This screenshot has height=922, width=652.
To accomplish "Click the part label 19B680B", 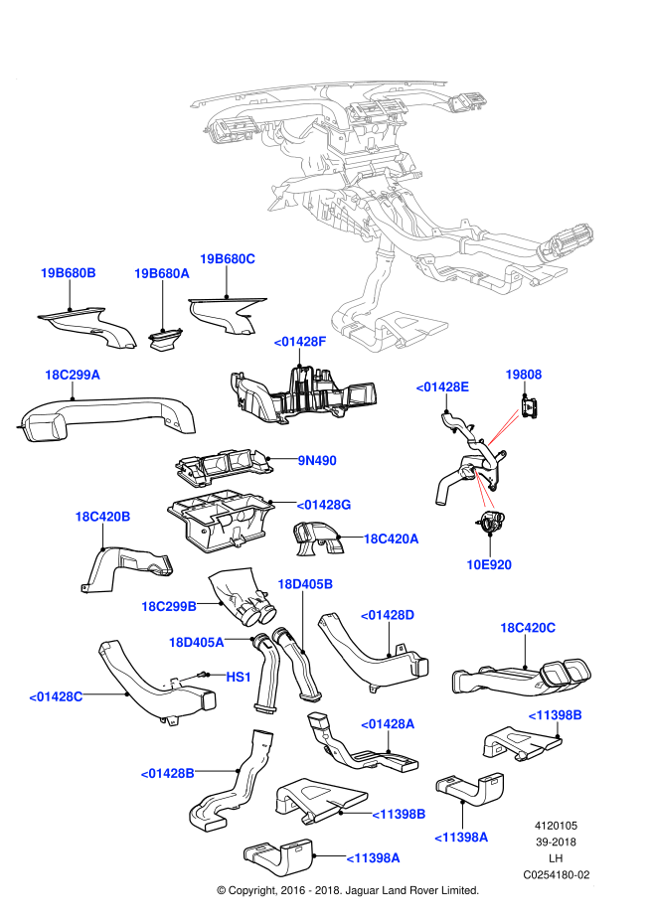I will [x=68, y=272].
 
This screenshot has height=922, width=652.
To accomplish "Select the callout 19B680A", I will [x=162, y=272].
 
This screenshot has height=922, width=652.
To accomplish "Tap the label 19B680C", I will [x=228, y=258].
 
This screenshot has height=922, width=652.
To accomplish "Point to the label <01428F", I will [x=300, y=341].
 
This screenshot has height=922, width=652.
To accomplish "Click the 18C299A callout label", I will [x=73, y=375].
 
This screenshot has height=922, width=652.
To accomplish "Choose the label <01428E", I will [x=442, y=386].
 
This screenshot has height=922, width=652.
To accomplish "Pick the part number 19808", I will [x=523, y=375].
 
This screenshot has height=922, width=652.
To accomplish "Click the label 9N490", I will [x=317, y=460].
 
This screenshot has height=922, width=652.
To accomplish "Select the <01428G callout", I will [x=324, y=505].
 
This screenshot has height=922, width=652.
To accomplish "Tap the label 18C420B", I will [x=102, y=517].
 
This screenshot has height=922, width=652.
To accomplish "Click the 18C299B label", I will [x=169, y=605].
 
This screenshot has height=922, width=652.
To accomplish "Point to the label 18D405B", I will [x=305, y=583].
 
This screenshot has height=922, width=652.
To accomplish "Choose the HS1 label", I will [x=240, y=677].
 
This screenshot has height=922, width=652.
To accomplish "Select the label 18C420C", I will [x=528, y=628].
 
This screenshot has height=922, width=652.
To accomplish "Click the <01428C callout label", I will [x=56, y=696].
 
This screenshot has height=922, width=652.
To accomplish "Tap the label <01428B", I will [x=167, y=772].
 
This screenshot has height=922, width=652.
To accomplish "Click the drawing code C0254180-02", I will [x=557, y=875].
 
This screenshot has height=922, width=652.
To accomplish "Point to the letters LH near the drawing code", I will [x=557, y=858].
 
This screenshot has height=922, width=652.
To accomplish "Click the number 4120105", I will [x=557, y=826].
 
